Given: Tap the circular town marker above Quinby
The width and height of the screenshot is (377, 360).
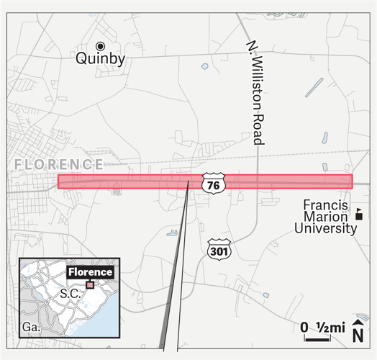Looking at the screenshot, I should tap(101, 46).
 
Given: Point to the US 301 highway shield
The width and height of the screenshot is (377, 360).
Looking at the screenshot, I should tap(219, 248).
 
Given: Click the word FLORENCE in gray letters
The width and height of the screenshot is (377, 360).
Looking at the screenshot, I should tap(58, 165).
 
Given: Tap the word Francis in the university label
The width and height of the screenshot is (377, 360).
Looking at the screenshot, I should tap(325, 205).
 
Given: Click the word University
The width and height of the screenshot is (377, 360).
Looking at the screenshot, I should tap(325, 229).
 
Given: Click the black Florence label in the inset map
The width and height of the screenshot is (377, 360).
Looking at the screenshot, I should tap(91, 272).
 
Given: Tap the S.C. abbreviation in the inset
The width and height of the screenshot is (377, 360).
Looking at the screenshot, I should tap(68, 294).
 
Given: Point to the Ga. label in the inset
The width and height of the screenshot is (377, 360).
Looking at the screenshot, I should tap(30, 327).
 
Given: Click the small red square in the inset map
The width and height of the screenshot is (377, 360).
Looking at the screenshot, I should tap(90, 285).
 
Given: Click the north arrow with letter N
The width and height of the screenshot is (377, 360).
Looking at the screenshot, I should tap(358, 333).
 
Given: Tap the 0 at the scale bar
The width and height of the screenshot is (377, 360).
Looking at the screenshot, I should tap(304, 328).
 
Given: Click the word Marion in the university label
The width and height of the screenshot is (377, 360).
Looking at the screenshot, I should tap(325, 217).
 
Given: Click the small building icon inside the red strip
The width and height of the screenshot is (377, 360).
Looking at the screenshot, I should tap(117, 189).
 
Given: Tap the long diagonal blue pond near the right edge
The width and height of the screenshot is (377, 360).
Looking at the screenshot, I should tap(314, 87).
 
